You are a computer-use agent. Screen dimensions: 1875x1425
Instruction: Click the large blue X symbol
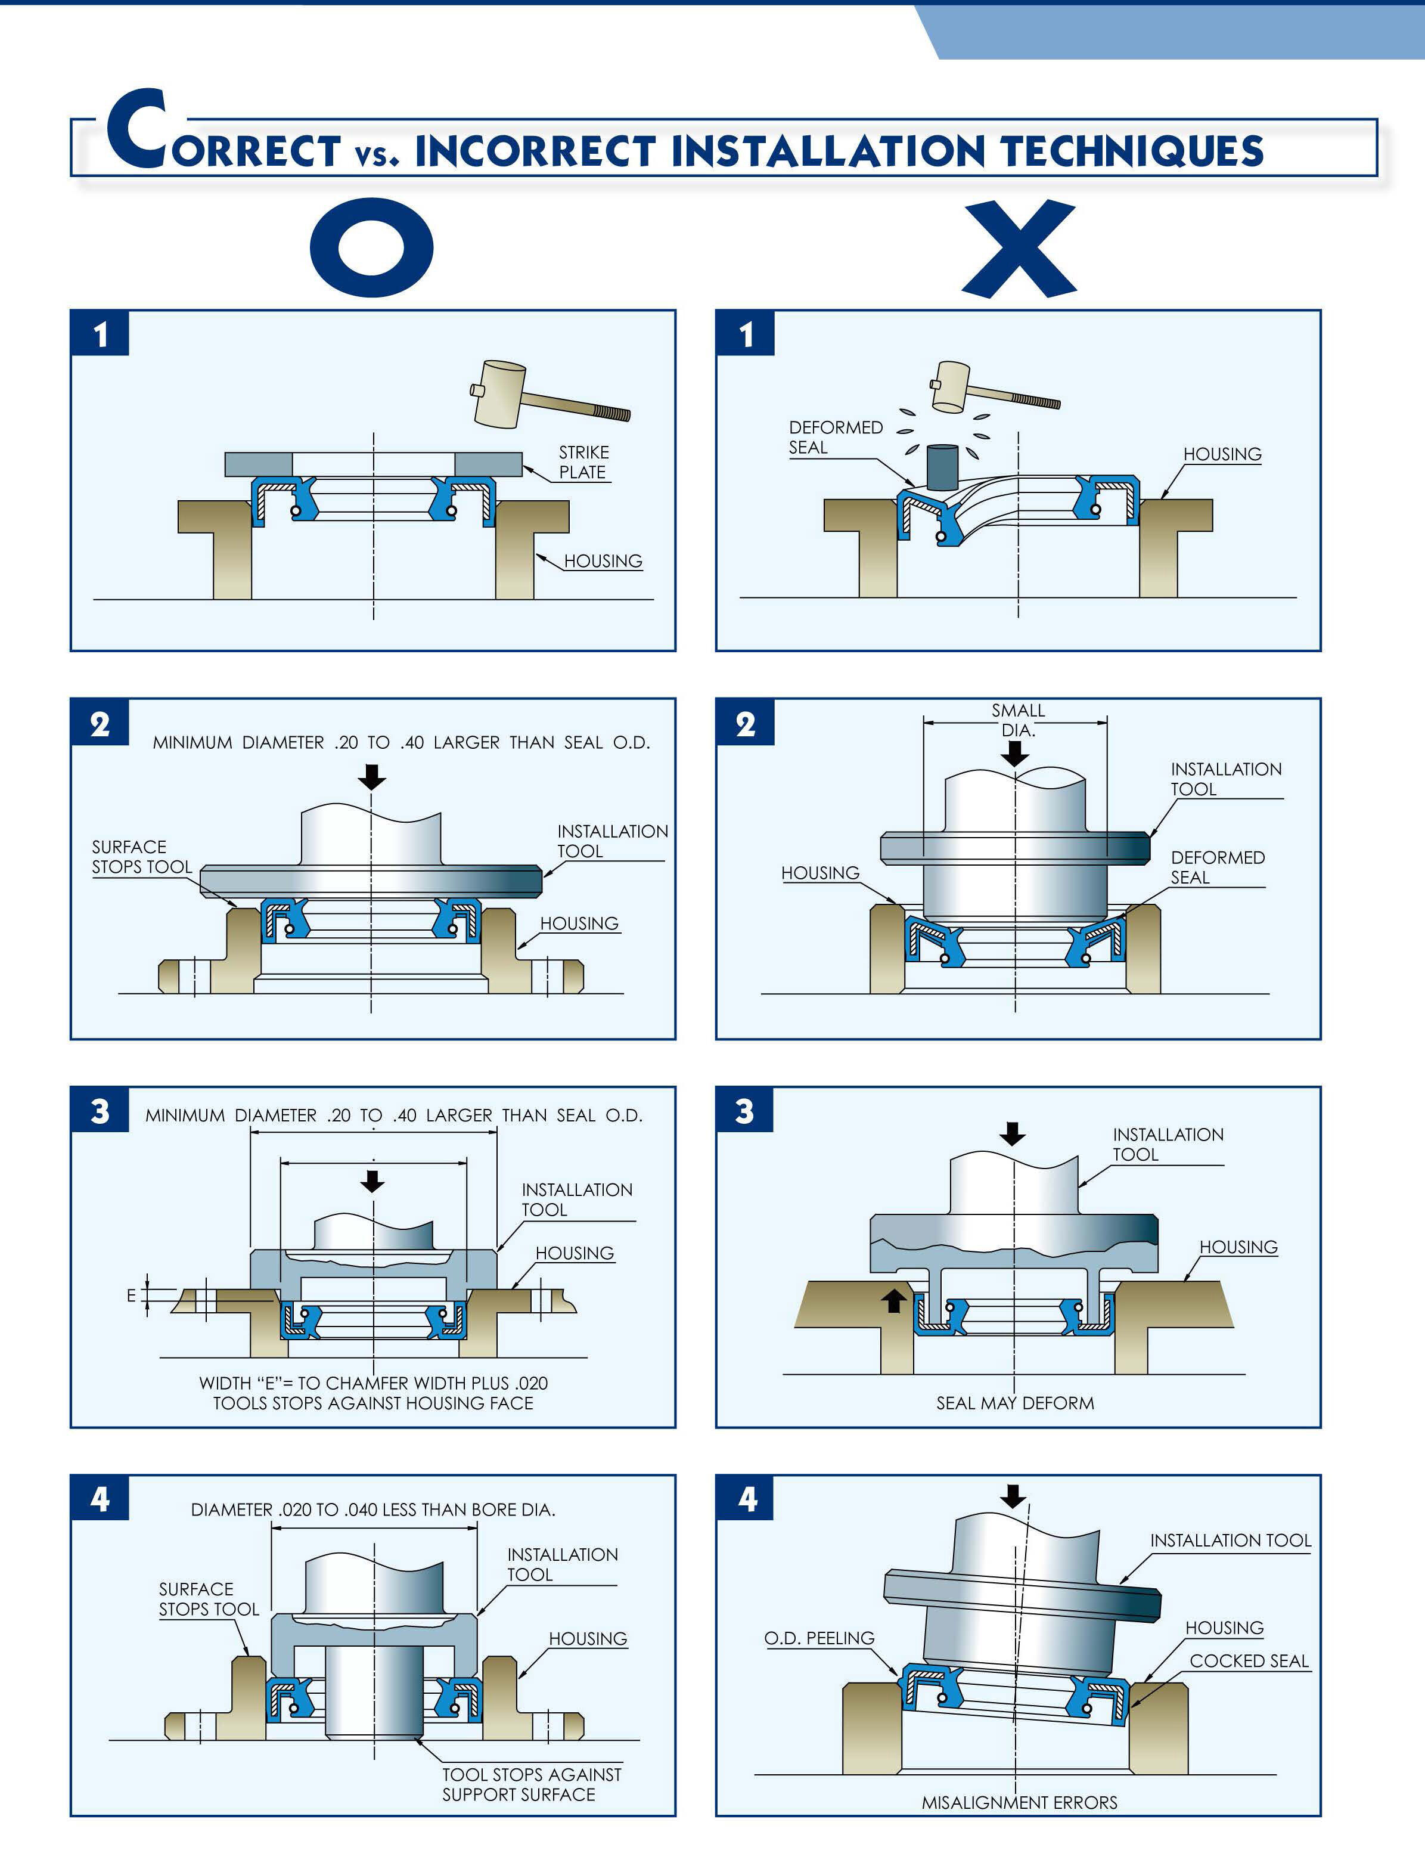pos(1019,248)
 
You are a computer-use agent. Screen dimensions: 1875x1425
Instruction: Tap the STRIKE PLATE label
pos(583,463)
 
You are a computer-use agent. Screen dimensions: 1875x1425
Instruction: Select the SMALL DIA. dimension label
pos(1018,720)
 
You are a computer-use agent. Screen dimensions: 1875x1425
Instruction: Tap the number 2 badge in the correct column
pos(100,724)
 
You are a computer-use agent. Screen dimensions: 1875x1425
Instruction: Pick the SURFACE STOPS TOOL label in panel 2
pos(141,857)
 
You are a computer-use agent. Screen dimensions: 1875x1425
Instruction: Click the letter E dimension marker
pos(132,1296)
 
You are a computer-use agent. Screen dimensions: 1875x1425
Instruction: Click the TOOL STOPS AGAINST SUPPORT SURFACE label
pos(531,1784)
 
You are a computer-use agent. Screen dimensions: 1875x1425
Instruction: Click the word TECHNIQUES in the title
pos(1132,151)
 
